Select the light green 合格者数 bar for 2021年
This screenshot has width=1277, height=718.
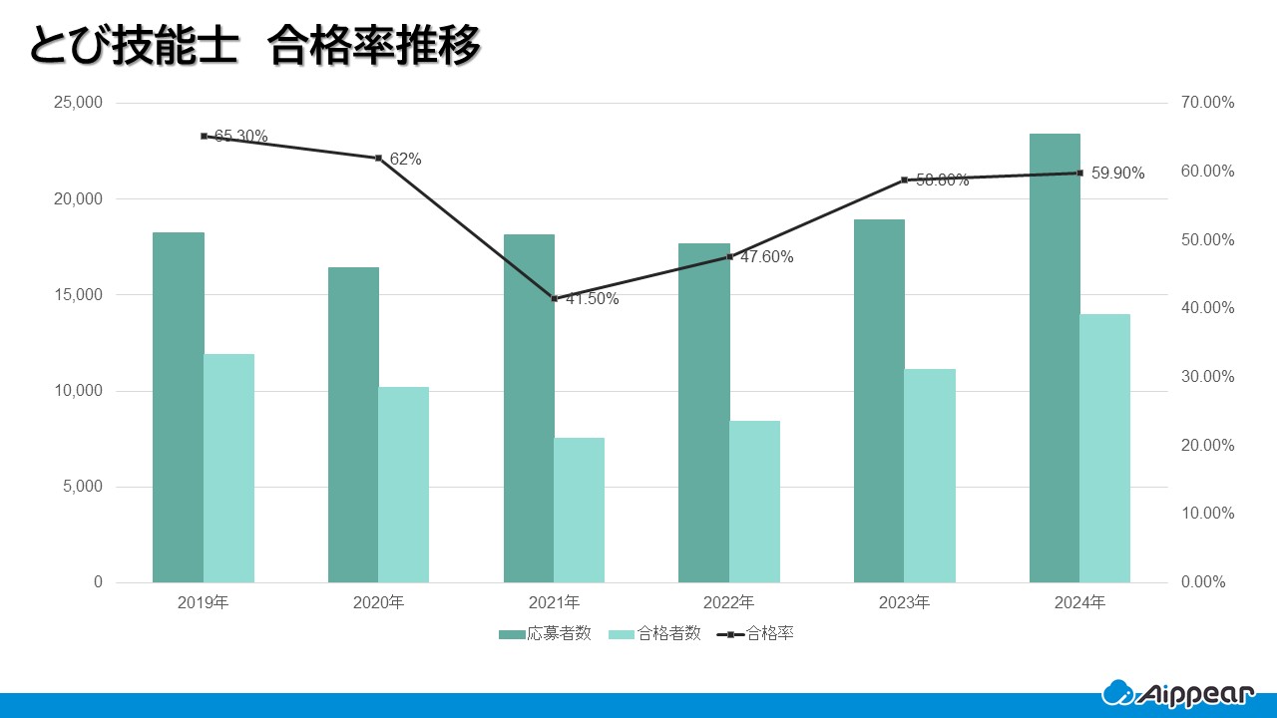(x=580, y=510)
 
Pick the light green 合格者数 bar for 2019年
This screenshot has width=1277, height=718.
(x=228, y=468)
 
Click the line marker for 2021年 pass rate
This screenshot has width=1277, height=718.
(x=555, y=298)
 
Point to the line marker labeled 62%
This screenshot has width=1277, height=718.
(x=379, y=158)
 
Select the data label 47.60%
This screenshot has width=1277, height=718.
(x=766, y=257)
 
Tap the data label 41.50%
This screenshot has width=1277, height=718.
(x=593, y=299)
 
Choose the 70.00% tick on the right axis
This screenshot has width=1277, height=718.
(x=1207, y=103)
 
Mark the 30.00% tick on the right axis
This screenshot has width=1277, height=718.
(x=1207, y=377)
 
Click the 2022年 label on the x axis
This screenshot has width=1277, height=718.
(x=729, y=603)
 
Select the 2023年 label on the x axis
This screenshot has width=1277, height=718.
(x=904, y=603)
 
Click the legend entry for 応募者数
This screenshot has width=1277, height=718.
(x=546, y=633)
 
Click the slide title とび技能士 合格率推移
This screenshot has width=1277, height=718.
(x=255, y=46)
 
